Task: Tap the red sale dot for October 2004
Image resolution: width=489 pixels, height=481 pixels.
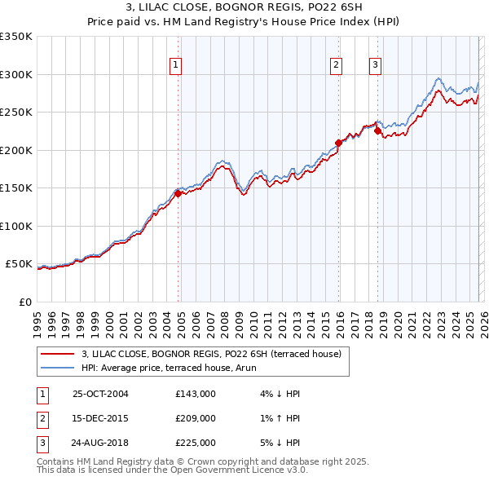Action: pyautogui.click(x=178, y=194)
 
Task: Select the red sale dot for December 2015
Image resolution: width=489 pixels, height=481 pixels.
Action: pyautogui.click(x=338, y=143)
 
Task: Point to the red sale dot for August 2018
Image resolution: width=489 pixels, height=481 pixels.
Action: pyautogui.click(x=377, y=131)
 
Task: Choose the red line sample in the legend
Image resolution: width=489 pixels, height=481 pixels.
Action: pyautogui.click(x=59, y=353)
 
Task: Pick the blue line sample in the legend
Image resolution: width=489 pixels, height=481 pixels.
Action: pyautogui.click(x=59, y=367)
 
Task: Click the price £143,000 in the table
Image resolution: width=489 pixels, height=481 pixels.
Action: pyautogui.click(x=196, y=394)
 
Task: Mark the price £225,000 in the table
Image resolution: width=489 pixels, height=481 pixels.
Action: pyautogui.click(x=196, y=443)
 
